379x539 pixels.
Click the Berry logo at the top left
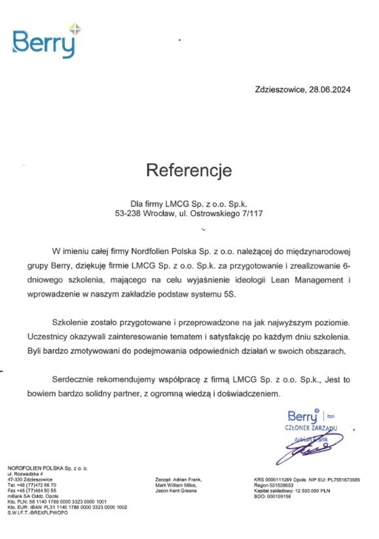[46, 41]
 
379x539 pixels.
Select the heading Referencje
[189, 170]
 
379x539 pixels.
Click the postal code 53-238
[128, 214]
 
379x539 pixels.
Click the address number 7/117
[251, 214]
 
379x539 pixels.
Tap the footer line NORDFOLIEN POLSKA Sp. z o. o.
[47, 468]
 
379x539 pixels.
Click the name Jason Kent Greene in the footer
[179, 490]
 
